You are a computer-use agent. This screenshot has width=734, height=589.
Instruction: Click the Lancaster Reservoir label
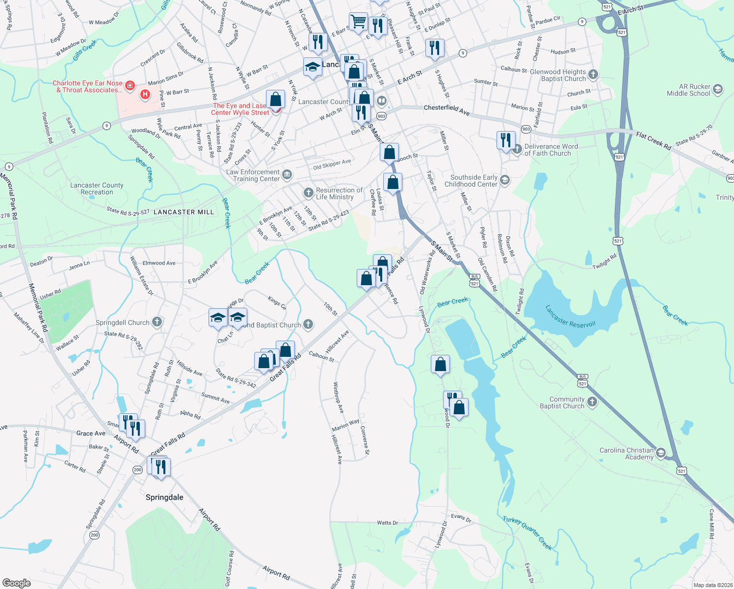pos(570,316)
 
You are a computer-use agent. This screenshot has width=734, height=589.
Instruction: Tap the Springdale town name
pos(164,497)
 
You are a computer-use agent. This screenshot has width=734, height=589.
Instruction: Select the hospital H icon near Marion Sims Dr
pos(145,94)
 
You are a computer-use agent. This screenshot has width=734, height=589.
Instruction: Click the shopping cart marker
pos(359,22)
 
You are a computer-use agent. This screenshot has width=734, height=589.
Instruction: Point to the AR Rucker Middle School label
pos(688,90)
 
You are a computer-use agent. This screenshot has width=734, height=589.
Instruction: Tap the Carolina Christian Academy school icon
pos(661,453)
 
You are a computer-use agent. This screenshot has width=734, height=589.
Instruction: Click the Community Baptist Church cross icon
pos(592,402)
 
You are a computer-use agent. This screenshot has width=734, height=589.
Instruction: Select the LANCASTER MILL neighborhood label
pos(183,212)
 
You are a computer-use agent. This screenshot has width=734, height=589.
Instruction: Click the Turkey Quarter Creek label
pos(527,533)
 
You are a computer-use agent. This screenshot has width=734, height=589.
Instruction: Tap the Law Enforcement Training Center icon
pos(287,174)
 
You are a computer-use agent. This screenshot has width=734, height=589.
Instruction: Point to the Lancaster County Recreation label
pos(97,188)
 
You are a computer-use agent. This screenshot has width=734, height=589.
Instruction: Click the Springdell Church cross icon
pos(157,322)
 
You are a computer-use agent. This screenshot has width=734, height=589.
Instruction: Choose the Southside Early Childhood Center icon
pos(505,180)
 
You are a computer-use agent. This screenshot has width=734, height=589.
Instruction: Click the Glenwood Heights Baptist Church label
pos(558,75)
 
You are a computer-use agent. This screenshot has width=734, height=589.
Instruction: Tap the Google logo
pos(17,583)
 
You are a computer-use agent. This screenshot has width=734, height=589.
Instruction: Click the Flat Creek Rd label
pos(654,140)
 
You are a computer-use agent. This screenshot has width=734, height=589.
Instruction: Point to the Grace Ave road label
pos(91,433)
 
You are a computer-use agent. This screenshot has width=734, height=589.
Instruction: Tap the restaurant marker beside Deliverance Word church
pos(505,140)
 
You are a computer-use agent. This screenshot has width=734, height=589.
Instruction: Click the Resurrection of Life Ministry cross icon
pos(308,192)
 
